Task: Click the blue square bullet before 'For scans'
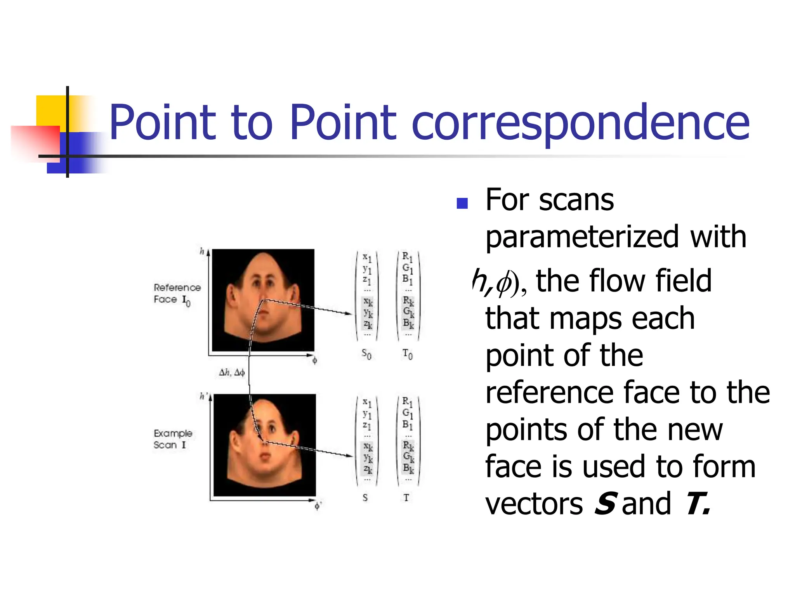(x=462, y=203)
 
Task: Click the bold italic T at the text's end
(x=697, y=504)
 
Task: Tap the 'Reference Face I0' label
(x=177, y=294)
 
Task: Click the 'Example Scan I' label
(x=172, y=439)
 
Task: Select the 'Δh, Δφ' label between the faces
(x=232, y=372)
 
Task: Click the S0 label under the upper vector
(x=366, y=354)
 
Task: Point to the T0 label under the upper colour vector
(x=407, y=354)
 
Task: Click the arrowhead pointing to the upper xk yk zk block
(x=349, y=314)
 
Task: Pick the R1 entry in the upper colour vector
(x=407, y=257)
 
